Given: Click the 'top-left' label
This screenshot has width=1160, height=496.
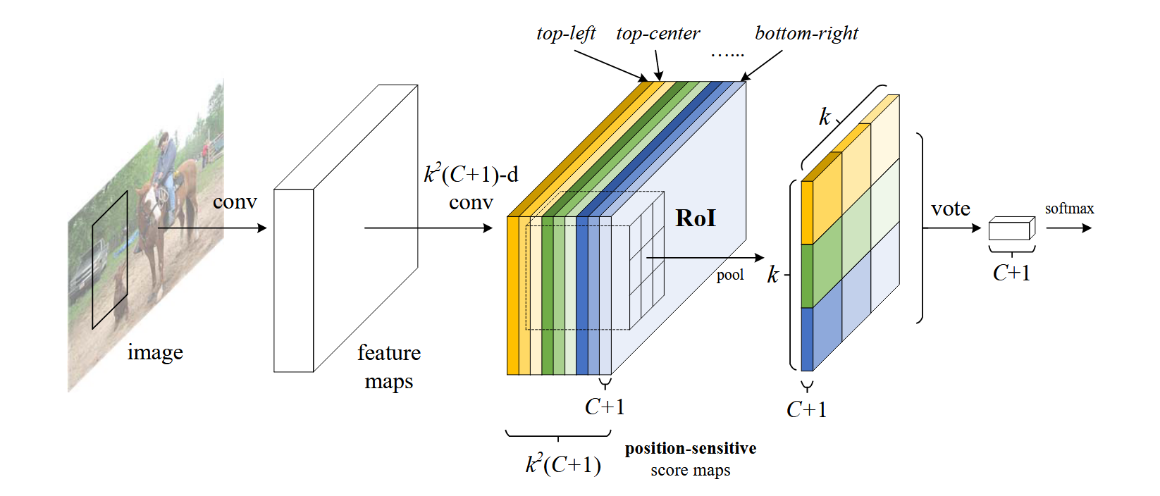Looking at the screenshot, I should click(x=565, y=33).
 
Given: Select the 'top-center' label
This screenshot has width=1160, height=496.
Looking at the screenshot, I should click(x=658, y=33).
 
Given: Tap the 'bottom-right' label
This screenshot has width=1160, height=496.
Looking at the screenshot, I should click(x=806, y=33).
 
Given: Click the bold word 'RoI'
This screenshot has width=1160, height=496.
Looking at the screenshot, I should click(x=695, y=218).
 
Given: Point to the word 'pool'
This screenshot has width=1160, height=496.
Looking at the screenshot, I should click(x=730, y=275).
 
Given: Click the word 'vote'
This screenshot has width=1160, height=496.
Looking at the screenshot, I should click(x=950, y=209).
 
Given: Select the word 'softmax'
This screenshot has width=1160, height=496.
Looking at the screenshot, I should click(x=1069, y=209).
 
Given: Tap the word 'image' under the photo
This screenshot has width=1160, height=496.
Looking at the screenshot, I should click(x=155, y=352).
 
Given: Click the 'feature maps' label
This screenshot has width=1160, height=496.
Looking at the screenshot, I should click(x=389, y=366).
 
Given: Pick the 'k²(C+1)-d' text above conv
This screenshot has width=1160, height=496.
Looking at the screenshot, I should click(x=471, y=174).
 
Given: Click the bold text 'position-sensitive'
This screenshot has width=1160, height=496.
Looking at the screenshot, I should click(x=691, y=448).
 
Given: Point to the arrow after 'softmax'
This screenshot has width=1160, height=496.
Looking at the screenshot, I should click(x=1069, y=228).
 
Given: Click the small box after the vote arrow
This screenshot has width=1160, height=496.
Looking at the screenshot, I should click(x=1011, y=229).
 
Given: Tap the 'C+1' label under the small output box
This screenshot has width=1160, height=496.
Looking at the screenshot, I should click(x=1011, y=273).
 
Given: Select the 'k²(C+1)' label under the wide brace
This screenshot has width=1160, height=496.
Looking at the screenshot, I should click(x=563, y=464).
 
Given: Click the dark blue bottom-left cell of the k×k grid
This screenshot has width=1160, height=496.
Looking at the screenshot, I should click(x=807, y=339).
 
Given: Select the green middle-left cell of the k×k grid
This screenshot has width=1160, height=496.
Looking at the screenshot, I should click(x=807, y=275).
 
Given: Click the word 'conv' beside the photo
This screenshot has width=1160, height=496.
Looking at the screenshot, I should click(x=235, y=202).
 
